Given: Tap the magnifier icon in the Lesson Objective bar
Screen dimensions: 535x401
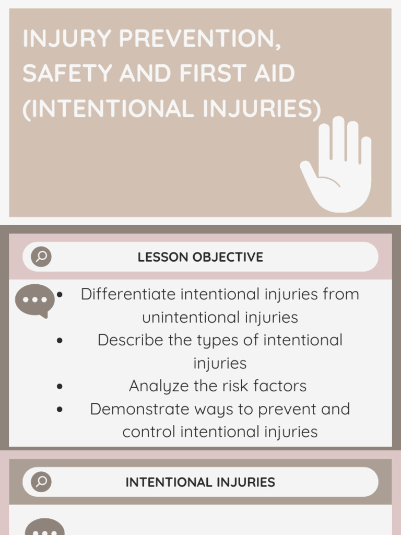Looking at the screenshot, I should (41, 257).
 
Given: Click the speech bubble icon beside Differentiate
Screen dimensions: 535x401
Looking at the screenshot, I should (34, 300).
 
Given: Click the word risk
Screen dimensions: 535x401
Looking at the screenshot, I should (232, 386).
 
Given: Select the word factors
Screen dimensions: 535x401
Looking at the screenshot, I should (280, 386).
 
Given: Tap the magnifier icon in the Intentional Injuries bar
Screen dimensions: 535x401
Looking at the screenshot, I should (41, 482).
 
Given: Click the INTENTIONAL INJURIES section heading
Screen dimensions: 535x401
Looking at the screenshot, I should (200, 482).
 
